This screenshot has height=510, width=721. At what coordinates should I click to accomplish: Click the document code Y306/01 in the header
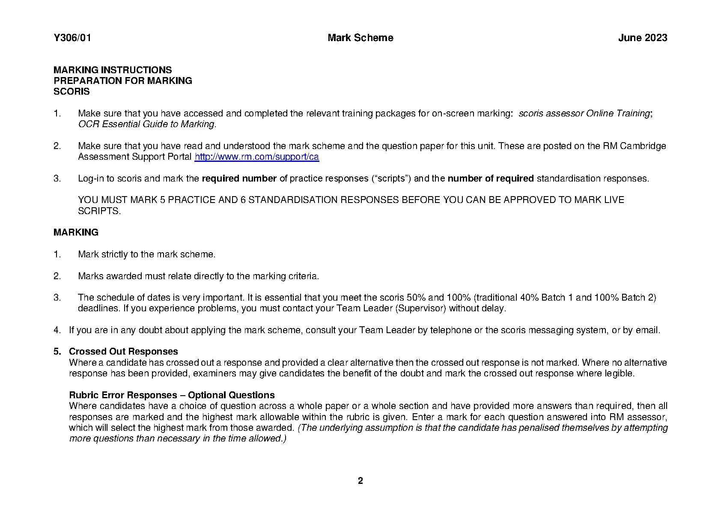(x=72, y=38)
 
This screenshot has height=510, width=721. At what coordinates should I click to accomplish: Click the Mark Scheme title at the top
(x=360, y=38)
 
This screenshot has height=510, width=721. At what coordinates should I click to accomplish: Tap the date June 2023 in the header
(x=642, y=38)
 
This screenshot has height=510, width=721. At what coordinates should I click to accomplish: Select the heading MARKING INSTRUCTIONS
(x=113, y=70)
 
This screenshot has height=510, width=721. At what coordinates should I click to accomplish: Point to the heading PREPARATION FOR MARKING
(x=122, y=81)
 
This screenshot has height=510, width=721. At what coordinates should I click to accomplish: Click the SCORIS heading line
(x=72, y=91)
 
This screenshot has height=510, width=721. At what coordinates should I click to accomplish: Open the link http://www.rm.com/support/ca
(x=256, y=157)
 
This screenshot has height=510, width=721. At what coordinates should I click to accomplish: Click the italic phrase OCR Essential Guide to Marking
(x=146, y=124)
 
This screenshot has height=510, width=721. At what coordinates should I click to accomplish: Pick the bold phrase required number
(x=239, y=179)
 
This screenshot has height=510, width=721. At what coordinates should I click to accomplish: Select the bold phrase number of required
(x=490, y=179)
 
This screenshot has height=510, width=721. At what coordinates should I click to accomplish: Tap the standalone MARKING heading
(x=76, y=232)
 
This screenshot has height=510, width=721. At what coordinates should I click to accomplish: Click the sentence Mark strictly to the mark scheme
(x=146, y=254)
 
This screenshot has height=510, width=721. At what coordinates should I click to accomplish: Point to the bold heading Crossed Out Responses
(x=123, y=352)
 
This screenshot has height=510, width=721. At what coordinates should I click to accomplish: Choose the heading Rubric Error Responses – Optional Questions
(x=172, y=395)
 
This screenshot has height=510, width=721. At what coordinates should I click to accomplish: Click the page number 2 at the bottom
(x=360, y=480)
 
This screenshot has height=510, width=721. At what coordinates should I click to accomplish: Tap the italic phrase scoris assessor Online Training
(x=584, y=113)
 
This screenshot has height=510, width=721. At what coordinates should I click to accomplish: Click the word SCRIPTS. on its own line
(x=99, y=211)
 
